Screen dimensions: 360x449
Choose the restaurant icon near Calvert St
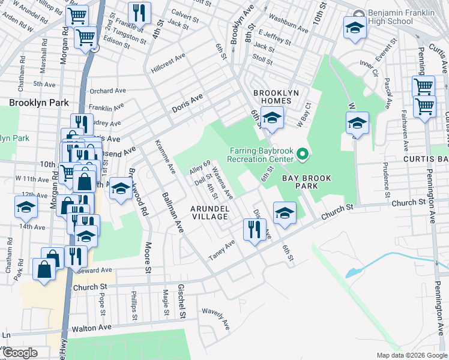pyautogui.click(x=139, y=13)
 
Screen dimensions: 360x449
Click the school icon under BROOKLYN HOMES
pyautogui.click(x=271, y=118)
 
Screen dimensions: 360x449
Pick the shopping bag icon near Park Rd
pyautogui.click(x=45, y=270)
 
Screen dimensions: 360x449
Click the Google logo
pyautogui.click(x=20, y=353)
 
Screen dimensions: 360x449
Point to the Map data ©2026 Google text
pyautogui.click(x=411, y=355)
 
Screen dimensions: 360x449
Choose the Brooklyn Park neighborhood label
pyautogui.click(x=39, y=103)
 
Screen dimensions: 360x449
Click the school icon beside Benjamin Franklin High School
pyautogui.click(x=354, y=28)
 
